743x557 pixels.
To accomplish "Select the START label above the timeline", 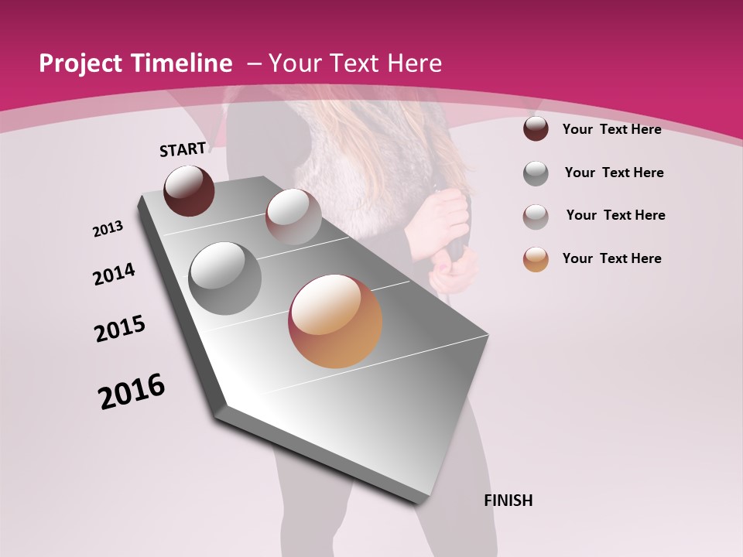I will coord(183,149).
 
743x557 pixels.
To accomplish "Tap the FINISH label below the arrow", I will coord(508,501).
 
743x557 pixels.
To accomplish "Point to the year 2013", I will coord(108,229).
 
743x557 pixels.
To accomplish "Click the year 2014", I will coord(114,275).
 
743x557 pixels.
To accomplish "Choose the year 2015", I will coord(120,329).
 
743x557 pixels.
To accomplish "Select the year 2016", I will coord(132,391).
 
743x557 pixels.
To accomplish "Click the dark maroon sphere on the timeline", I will coord(190,190).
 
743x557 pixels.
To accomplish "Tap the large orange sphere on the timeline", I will coord(335,321).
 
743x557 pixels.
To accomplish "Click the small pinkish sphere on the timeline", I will coord(293,217).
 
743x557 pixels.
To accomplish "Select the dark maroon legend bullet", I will coord(536,129).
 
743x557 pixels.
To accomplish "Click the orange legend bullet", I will coord(536,259).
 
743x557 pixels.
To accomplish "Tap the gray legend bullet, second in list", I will coord(536,173).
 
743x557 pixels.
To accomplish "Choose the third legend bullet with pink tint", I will coord(536,217).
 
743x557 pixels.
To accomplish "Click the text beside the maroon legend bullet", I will coord(611,129).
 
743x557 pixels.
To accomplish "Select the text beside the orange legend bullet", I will coord(611,258).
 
